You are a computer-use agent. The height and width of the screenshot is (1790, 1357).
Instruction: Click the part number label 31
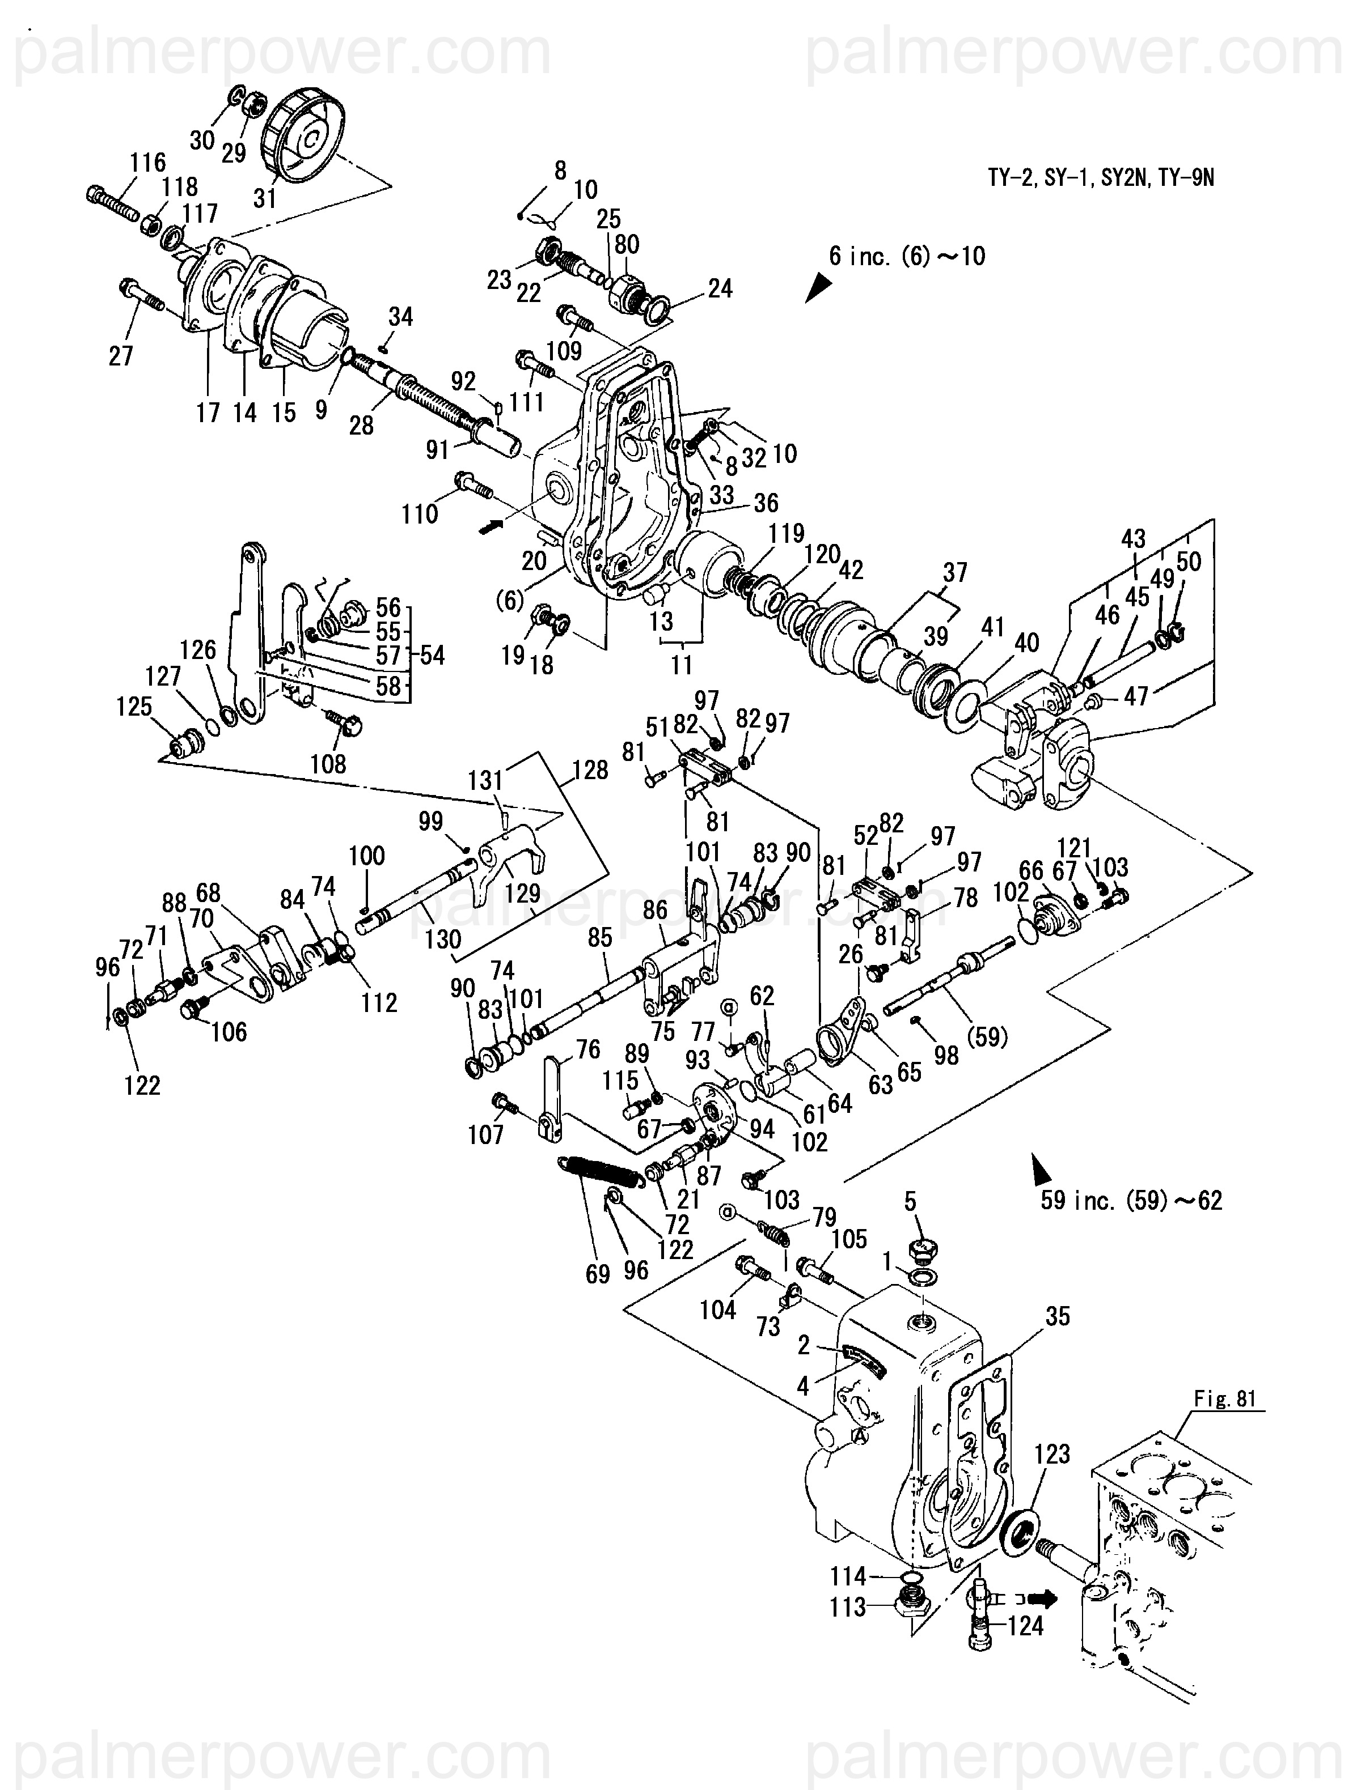click(265, 197)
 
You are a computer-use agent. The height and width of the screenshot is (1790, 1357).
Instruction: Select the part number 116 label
click(147, 163)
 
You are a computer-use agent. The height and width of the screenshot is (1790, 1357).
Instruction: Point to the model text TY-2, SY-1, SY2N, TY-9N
click(1100, 178)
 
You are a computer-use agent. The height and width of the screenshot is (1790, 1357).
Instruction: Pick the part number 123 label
click(1052, 1454)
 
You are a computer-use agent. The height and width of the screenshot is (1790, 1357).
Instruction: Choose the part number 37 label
click(956, 573)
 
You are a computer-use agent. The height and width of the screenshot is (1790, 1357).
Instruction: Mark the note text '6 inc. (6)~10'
click(907, 257)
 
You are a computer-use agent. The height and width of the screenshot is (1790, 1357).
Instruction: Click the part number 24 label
click(720, 289)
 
